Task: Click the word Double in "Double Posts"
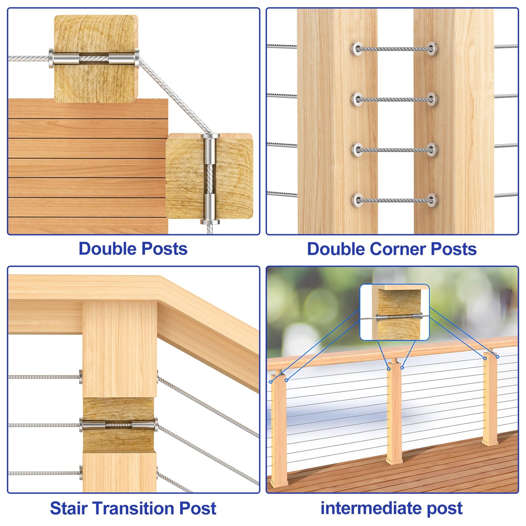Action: (107, 249)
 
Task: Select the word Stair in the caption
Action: (68, 508)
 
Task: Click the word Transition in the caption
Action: (133, 508)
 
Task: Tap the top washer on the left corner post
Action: (358, 49)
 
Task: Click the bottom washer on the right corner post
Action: (432, 200)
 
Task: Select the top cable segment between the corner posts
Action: (394, 49)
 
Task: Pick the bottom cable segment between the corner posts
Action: (394, 200)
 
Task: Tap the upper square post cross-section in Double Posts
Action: (96, 59)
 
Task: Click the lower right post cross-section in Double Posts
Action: (209, 176)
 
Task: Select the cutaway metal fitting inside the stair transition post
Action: (119, 425)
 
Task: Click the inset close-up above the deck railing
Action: (394, 312)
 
